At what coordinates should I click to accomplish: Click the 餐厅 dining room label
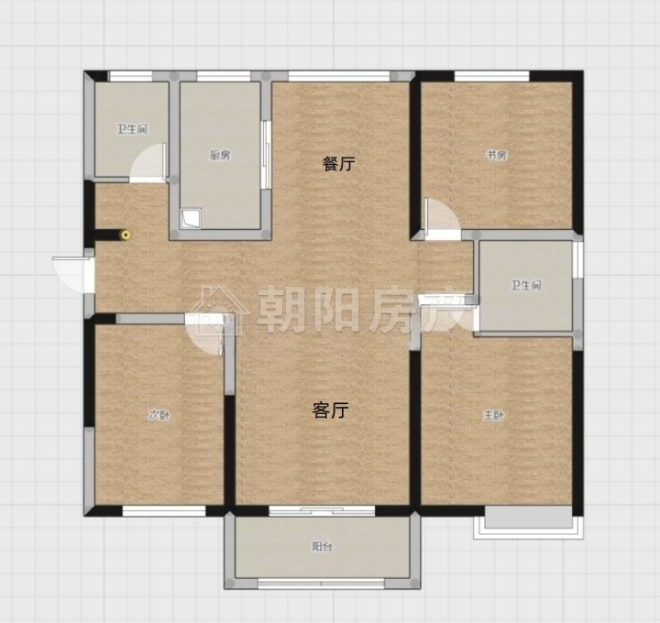[x=339, y=163]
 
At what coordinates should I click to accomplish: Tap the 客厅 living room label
[x=330, y=410]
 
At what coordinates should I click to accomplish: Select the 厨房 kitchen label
[x=220, y=155]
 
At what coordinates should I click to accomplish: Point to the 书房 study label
[x=497, y=155]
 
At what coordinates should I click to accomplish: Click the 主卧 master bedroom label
[x=493, y=415]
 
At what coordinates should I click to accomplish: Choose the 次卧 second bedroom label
[x=159, y=415]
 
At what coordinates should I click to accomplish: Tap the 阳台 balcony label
[x=323, y=546]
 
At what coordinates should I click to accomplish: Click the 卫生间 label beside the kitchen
[x=132, y=128]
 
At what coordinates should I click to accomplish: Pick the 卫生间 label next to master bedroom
[x=526, y=286]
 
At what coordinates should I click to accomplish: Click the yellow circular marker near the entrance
[x=126, y=235]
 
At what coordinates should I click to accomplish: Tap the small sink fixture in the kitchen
[x=191, y=218]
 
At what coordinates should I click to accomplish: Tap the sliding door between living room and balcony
[x=322, y=511]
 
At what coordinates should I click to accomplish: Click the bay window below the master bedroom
[x=529, y=522]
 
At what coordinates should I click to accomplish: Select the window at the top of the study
[x=491, y=76]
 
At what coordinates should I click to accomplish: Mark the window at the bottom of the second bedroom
[x=164, y=511]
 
